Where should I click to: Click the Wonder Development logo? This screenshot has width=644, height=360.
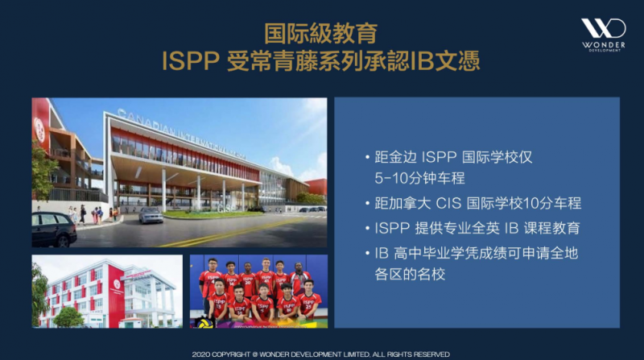pos(603,35)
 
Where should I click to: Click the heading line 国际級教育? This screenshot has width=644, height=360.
pos(320,34)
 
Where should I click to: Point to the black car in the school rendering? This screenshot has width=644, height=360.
pos(54,230)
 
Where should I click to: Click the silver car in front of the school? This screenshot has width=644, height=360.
pos(151,215)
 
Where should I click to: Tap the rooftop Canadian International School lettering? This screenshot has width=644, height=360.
pos(181,134)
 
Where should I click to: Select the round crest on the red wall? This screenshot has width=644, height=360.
pos(39,130)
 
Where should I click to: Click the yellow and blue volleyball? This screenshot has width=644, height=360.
pos(204,323)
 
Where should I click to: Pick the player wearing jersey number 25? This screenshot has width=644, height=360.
pos(309,300)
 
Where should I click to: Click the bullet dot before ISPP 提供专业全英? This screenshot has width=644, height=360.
pos(367,229)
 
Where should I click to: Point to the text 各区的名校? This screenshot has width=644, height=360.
pos(410,274)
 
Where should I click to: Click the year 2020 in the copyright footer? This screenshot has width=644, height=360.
pos(200,354)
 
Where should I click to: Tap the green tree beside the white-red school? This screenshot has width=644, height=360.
pos(68,317)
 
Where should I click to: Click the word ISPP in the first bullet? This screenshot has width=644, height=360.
pos(439,157)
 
